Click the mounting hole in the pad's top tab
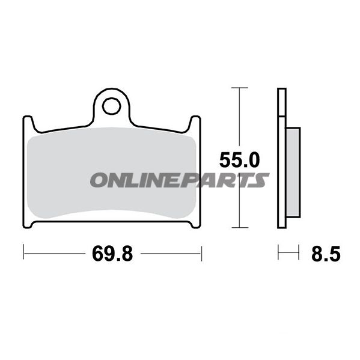(x=112, y=106)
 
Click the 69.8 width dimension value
(x=112, y=254)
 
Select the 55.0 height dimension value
(x=239, y=160)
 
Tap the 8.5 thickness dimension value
(x=326, y=254)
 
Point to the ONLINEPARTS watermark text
(x=180, y=180)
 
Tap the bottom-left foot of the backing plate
(x=28, y=225)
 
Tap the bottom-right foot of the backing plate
(x=196, y=225)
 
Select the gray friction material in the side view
(x=293, y=172)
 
